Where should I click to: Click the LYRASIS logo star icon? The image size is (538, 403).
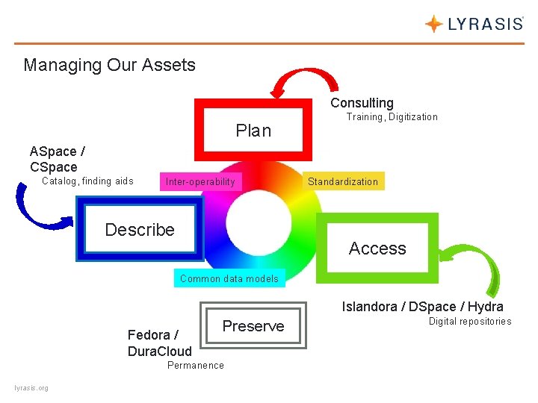click(x=433, y=24)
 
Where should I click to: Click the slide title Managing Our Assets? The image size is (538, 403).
click(x=109, y=65)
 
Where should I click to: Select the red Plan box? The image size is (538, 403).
click(x=253, y=131)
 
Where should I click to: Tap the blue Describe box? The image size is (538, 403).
click(x=140, y=230)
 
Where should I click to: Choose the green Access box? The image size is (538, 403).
click(x=377, y=249)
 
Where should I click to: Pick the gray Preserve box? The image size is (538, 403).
click(x=253, y=326)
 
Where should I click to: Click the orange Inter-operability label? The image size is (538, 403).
click(x=200, y=181)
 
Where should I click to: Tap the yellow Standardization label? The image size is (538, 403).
click(x=343, y=181)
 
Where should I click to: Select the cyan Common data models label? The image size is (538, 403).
click(x=229, y=278)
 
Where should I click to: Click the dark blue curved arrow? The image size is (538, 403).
click(x=37, y=210)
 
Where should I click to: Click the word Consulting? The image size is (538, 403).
click(x=362, y=103)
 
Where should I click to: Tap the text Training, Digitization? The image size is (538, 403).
click(x=392, y=117)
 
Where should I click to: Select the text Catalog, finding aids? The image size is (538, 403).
click(x=87, y=181)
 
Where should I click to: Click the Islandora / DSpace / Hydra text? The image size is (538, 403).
click(x=422, y=307)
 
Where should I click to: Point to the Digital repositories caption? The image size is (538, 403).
click(x=469, y=322)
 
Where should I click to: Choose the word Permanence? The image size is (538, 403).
click(x=195, y=365)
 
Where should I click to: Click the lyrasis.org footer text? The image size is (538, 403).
click(x=31, y=388)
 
